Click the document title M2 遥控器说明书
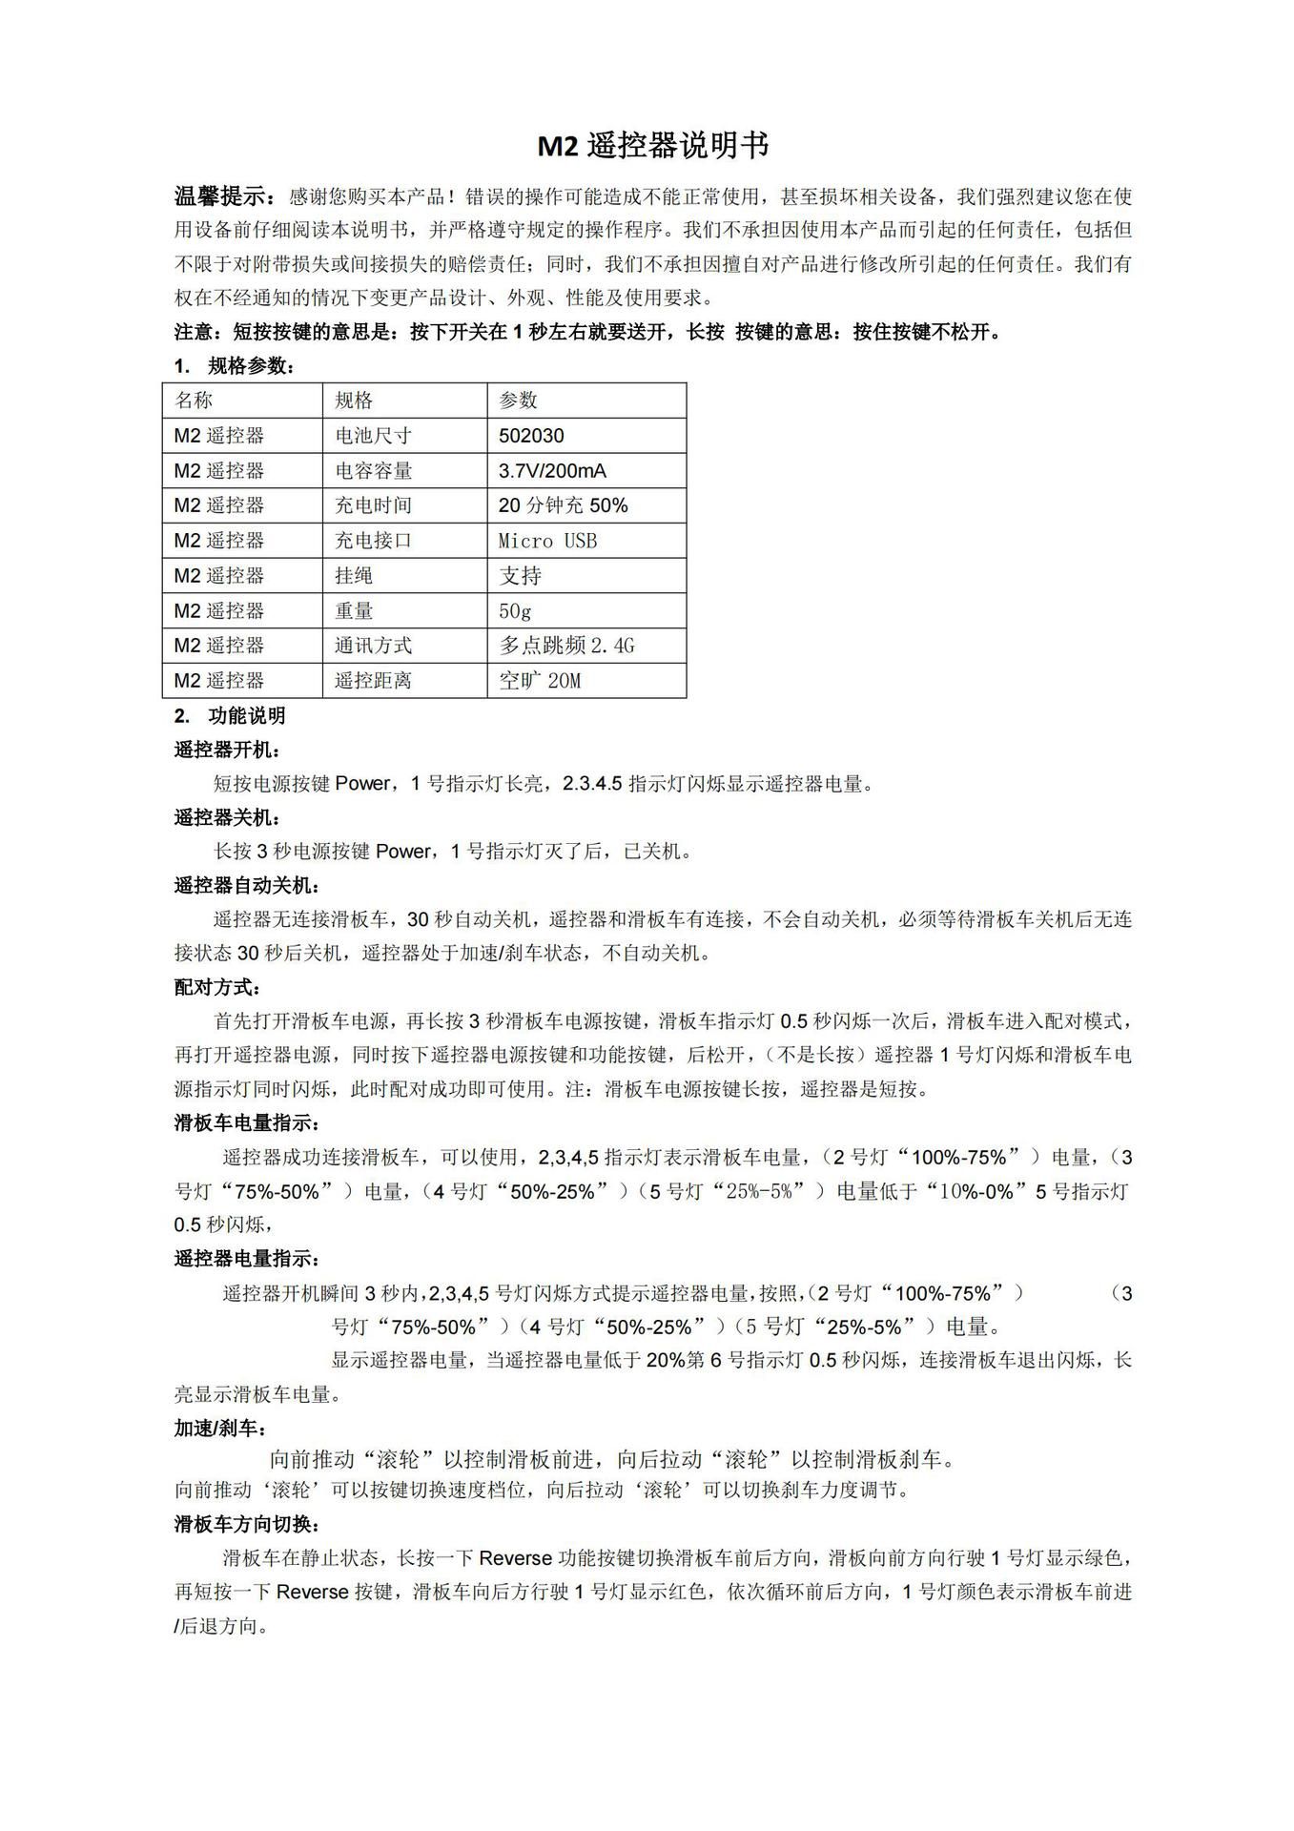click(x=653, y=146)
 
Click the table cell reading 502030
click(x=531, y=436)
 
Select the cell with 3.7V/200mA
click(x=552, y=471)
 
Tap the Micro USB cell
click(x=547, y=541)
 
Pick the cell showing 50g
click(x=515, y=610)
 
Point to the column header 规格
click(x=354, y=401)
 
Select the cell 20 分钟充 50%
click(x=563, y=505)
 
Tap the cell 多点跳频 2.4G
click(x=566, y=646)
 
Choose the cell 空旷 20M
click(x=540, y=681)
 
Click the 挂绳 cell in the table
click(x=354, y=576)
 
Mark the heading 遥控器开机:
click(x=227, y=750)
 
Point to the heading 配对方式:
click(x=217, y=987)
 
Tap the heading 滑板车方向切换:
click(x=247, y=1524)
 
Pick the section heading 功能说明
click(x=246, y=716)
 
